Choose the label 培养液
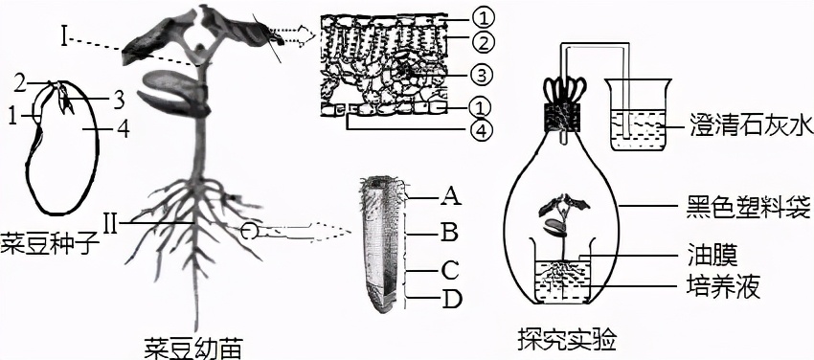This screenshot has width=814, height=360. pyautogui.click(x=722, y=286)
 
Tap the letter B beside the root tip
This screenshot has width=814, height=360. pyautogui.click(x=448, y=233)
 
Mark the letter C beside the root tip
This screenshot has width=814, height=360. pyautogui.click(x=448, y=269)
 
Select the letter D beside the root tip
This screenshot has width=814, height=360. pyautogui.click(x=448, y=299)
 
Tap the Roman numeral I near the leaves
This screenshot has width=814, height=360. pyautogui.click(x=63, y=38)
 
